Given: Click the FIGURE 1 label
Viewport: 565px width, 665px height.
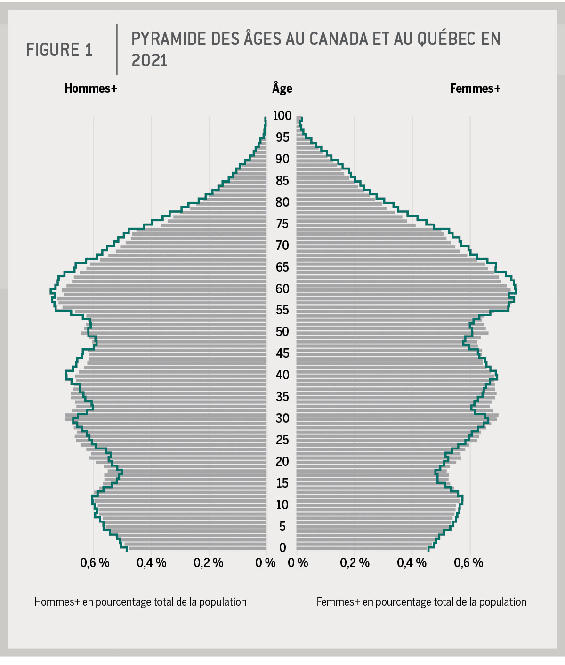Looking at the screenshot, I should tap(59, 49).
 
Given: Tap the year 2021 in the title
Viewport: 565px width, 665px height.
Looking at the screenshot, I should tap(149, 61).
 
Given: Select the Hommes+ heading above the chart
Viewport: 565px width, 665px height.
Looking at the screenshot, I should tap(90, 88).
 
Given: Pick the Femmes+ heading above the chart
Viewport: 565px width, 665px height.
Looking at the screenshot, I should tap(475, 88).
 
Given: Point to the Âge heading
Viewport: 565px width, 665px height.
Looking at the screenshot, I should tap(282, 88).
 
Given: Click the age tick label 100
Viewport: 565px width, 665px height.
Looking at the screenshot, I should tap(282, 115).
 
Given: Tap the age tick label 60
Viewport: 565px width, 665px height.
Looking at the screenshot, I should tap(282, 288).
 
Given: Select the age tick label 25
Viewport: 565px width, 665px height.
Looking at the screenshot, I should tap(282, 440).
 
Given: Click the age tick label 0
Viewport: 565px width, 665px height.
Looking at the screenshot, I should tap(282, 548).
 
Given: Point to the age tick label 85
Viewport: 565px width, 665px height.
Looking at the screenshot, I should tap(282, 180).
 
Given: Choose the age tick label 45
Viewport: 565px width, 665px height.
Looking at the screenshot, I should tap(282, 353).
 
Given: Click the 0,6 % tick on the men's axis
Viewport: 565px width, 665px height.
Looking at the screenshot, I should tap(95, 563).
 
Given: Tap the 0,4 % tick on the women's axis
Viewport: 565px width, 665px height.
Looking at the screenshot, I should tap(412, 563).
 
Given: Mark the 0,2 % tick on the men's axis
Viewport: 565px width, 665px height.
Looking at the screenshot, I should tap(208, 563).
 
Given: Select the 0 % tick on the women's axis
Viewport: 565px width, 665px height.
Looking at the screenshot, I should tap(298, 563).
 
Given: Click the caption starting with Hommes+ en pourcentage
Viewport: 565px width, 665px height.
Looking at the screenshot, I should tap(140, 602).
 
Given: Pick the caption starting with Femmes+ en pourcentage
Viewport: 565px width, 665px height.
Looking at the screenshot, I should tap(421, 602).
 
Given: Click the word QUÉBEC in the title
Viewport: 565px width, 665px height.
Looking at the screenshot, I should tap(446, 39).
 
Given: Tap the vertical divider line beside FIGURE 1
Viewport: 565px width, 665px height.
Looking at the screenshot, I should tap(117, 49).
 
